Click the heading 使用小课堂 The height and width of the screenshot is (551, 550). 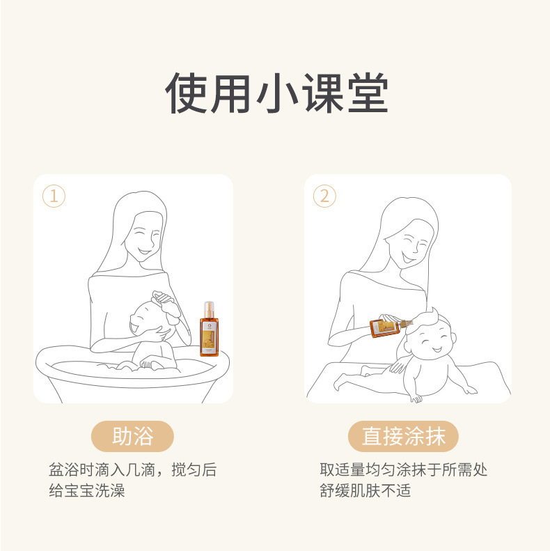click(x=276, y=92)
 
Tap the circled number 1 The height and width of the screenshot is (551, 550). click(x=54, y=196)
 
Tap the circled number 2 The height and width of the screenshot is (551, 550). click(x=324, y=196)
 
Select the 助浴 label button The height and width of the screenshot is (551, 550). click(x=132, y=437)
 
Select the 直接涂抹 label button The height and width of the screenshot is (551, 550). click(x=403, y=437)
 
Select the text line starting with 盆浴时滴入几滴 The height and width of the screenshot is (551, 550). click(x=132, y=469)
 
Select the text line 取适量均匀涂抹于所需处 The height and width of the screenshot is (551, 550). click(x=403, y=469)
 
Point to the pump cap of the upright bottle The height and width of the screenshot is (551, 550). click(x=208, y=306)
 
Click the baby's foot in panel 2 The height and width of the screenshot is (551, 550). click(x=416, y=398)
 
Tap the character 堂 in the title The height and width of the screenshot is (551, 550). click(x=366, y=92)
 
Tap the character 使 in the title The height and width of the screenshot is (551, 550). click(x=187, y=92)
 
